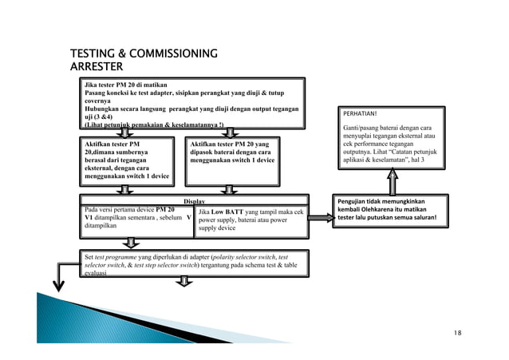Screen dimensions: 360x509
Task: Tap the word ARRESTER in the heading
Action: pos(97,65)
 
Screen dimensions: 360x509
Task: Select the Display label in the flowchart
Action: pos(195,202)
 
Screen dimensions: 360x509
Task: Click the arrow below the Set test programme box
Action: pos(186,280)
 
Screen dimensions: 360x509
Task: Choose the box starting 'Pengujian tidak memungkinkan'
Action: pos(392,211)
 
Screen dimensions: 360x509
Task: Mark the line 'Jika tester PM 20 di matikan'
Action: pos(127,84)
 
